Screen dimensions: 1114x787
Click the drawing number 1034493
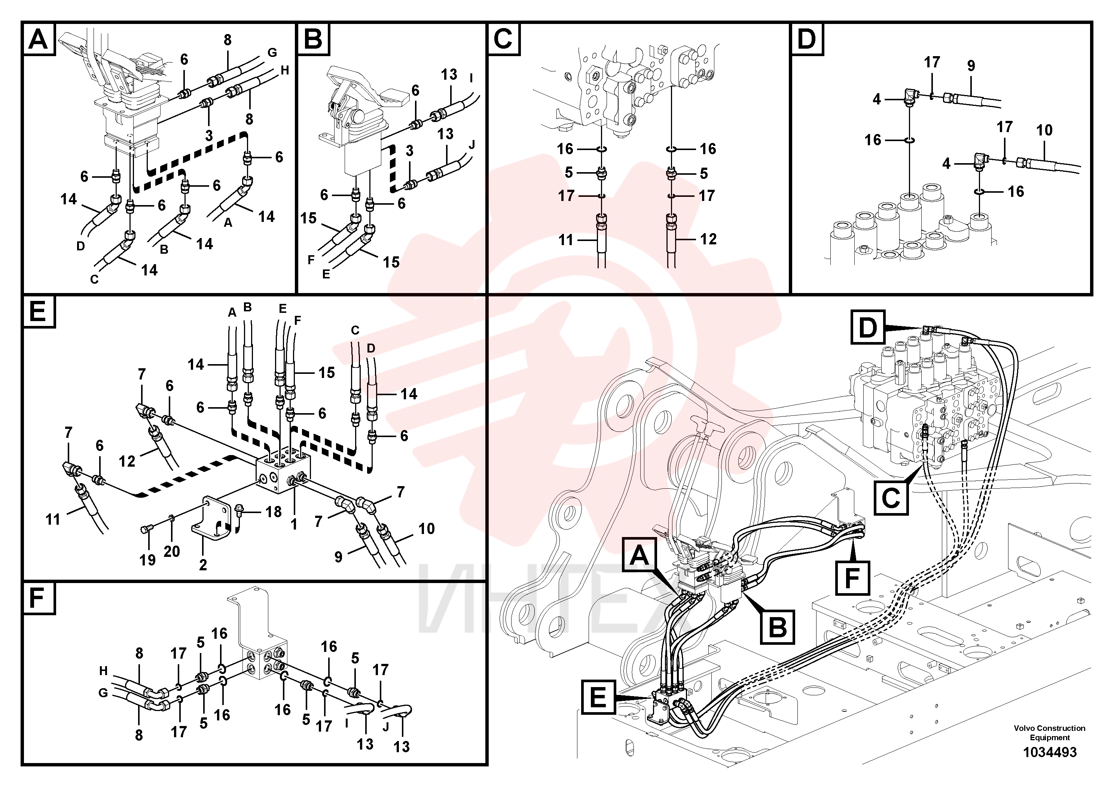[1050, 752]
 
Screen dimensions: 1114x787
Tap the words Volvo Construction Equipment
[1050, 733]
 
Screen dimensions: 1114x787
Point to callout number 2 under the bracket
[203, 564]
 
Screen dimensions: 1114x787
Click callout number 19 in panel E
[147, 560]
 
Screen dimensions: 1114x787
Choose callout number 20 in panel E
[172, 551]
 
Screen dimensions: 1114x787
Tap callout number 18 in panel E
[274, 512]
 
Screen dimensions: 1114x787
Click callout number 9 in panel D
[971, 65]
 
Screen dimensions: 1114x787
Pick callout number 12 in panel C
[708, 239]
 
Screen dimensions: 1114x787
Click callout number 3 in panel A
[209, 135]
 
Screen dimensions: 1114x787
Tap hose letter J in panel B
[471, 144]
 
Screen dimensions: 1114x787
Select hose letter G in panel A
[272, 52]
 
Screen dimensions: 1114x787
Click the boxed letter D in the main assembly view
[868, 328]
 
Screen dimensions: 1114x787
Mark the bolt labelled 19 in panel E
[146, 530]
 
